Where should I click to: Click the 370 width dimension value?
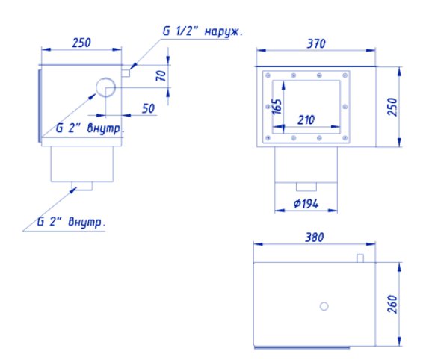(316, 43)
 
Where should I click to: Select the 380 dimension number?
(315, 238)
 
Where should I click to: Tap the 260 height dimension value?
(392, 304)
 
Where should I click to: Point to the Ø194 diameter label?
(306, 204)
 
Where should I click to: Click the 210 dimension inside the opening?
(306, 120)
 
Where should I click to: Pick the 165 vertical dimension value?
(277, 107)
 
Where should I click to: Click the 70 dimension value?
(161, 75)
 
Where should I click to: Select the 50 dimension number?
(148, 109)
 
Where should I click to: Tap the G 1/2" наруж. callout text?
(203, 31)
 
